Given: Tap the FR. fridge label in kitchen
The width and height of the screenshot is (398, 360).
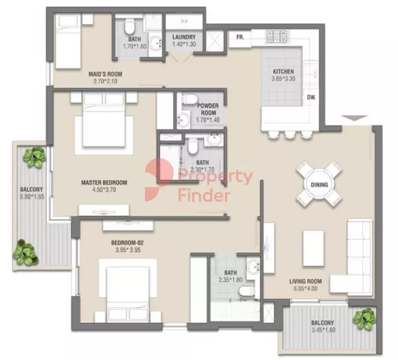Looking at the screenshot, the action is point(240,37).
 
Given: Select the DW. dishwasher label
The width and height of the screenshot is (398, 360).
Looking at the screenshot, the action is point(312,97).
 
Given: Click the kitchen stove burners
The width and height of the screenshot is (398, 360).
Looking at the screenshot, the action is point(278,36).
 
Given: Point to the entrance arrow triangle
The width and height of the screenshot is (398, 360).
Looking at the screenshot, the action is point(354,118).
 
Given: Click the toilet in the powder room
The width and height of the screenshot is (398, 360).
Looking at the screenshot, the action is point(190,99).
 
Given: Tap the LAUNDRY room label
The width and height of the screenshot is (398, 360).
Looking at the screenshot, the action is point(184,37).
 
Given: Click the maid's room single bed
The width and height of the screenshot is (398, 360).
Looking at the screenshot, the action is point(68,41).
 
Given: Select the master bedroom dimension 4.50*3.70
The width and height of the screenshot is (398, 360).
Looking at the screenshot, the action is point(104,190).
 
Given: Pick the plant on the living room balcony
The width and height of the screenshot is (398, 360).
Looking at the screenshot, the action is point(364,319).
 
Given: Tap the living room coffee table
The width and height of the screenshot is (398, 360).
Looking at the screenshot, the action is point(313,248).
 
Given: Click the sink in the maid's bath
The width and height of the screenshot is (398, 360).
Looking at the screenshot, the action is point(155,44).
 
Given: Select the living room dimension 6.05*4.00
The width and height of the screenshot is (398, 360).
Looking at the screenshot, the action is point(305,289).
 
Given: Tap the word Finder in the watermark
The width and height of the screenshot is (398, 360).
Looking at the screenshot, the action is point(204,196).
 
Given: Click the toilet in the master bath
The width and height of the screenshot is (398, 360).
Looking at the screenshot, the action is point(193,147).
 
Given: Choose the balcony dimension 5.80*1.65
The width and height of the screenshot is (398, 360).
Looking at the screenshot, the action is point(32,196).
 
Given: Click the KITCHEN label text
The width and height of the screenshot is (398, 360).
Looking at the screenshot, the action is point(283,71).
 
